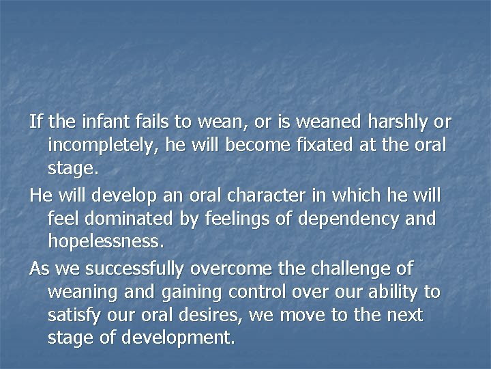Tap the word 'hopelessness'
pyautogui.click(x=105, y=242)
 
